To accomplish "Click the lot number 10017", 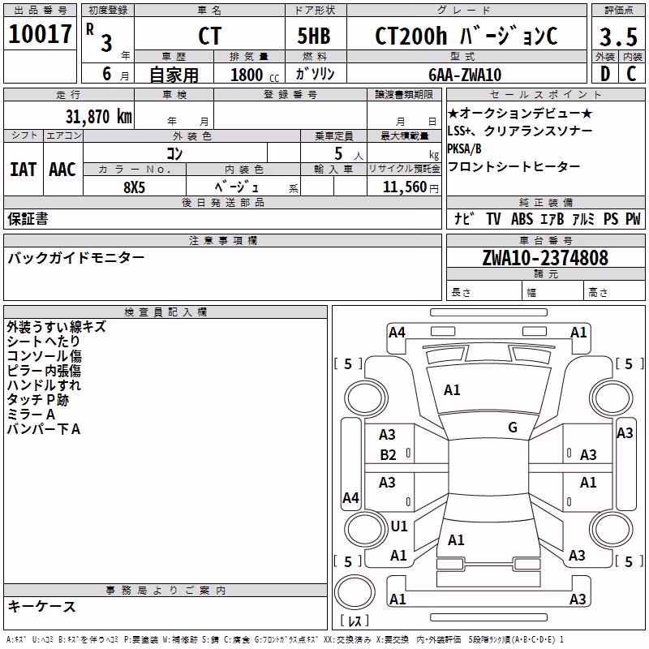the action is pos(40,34).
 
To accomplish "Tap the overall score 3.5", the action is pos(618,37).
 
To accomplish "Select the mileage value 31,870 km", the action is pos(99,117).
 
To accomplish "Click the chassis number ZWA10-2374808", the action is pos(545,258).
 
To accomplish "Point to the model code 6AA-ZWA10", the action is pos(465,75).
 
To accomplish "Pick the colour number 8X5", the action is pos(134,187).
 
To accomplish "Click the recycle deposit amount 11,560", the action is pos(405,187).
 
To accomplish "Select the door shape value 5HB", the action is pos(314,36).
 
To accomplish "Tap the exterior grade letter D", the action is pos(605,74).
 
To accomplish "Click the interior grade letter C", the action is pos(631,74).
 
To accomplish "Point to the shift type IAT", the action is pos(23,170).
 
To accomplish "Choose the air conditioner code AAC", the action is pos(62,170).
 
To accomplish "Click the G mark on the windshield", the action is pos(513,427).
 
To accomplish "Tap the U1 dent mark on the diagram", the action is pos(399,526).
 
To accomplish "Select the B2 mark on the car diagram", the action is pos(389,455).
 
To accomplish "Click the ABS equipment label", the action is pos(522,218).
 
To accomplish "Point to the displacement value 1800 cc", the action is pos(255,75).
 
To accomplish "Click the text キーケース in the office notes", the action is pos(42,606).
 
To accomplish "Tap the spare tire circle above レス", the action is pos(355,592).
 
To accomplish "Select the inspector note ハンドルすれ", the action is pos(44,385).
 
